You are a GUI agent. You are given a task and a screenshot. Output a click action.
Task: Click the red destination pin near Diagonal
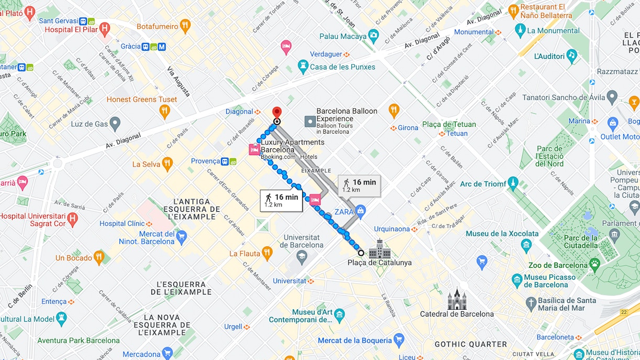pyautogui.click(x=277, y=113)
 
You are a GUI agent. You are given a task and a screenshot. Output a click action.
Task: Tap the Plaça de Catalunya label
pyautogui.click(x=379, y=263)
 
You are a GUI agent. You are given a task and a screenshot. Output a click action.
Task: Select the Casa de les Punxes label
pyautogui.click(x=343, y=67)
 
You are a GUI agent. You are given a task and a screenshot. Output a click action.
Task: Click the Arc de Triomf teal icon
pyautogui.click(x=513, y=183)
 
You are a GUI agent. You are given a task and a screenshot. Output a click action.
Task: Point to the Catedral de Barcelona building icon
pyautogui.click(x=456, y=299)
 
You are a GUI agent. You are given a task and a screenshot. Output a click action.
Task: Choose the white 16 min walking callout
pyautogui.click(x=281, y=200)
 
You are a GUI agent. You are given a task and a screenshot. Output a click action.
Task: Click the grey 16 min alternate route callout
pyautogui.click(x=359, y=186)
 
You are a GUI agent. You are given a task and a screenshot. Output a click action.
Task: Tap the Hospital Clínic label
pyautogui.click(x=122, y=224)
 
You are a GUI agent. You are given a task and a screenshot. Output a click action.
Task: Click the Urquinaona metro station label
pyautogui.click(x=392, y=229)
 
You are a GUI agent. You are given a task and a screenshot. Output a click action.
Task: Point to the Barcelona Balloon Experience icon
pyautogui.click(x=310, y=121)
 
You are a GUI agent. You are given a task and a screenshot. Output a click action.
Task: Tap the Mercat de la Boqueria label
pyautogui.click(x=355, y=341)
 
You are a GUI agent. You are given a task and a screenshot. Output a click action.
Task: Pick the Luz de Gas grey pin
pyautogui.click(x=115, y=124)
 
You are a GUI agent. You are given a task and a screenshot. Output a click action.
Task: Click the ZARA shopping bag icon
pyautogui.click(x=360, y=211)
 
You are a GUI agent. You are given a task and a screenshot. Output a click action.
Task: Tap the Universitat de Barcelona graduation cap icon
pyautogui.click(x=302, y=256)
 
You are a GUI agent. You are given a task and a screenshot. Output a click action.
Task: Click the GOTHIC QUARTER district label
pyautogui.click(x=470, y=344)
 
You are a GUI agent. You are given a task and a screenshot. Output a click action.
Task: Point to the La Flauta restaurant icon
pyautogui.click(x=268, y=254)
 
